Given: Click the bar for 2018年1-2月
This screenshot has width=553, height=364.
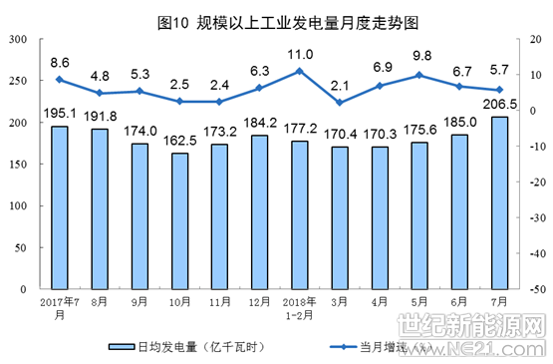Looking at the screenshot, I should pos(299,213).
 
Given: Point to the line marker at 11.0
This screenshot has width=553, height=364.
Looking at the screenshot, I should pos(299,71).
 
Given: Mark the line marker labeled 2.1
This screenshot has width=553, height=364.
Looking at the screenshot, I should pos(340,103).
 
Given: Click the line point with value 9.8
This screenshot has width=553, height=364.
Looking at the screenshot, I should pos(419,75).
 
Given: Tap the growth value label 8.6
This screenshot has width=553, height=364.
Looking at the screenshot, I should pos(60,62).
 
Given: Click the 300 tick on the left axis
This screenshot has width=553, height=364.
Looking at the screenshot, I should pos(17,39).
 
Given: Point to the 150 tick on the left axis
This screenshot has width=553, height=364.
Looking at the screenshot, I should pos(17,164).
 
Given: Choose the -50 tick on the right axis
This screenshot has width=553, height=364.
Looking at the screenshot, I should pos(534,288).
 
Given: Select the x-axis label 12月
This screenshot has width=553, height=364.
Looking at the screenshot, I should pos(259,299).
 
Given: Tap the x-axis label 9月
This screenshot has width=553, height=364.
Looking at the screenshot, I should pos(139,299).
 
